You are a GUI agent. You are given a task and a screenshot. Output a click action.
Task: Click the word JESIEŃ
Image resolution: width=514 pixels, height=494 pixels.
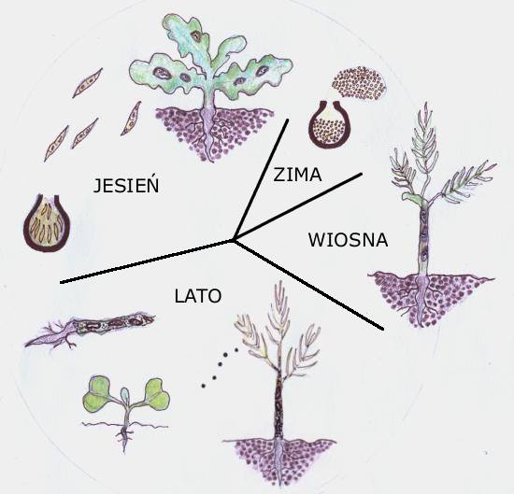(126, 186)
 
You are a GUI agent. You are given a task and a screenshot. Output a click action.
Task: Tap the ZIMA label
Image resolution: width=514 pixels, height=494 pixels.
(297, 175)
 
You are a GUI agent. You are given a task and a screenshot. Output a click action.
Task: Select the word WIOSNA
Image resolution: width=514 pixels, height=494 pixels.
(349, 240)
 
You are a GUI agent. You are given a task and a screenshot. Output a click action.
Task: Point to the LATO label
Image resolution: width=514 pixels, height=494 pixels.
(198, 296)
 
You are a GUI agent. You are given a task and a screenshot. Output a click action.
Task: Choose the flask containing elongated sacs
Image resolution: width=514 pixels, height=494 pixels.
(47, 223)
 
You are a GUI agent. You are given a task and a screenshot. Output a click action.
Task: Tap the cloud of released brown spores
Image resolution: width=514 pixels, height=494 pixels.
(360, 82)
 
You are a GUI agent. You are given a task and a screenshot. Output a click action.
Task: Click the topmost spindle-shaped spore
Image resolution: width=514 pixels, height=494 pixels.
(88, 83)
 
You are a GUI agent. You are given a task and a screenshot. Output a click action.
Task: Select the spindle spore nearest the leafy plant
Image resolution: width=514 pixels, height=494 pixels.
(131, 119)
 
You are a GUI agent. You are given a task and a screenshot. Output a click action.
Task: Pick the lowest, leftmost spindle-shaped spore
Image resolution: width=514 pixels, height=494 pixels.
(56, 144)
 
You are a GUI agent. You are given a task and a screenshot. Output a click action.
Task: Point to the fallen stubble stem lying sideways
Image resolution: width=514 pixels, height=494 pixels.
(89, 331)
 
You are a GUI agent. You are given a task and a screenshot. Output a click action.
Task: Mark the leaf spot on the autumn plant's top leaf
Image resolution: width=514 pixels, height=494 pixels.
(196, 35)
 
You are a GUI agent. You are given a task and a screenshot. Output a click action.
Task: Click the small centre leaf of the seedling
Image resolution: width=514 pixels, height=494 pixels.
(125, 395)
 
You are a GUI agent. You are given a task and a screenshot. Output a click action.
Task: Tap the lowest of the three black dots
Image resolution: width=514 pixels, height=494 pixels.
(203, 386)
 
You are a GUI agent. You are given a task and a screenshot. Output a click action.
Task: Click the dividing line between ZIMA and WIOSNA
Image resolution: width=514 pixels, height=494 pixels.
(297, 206)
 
